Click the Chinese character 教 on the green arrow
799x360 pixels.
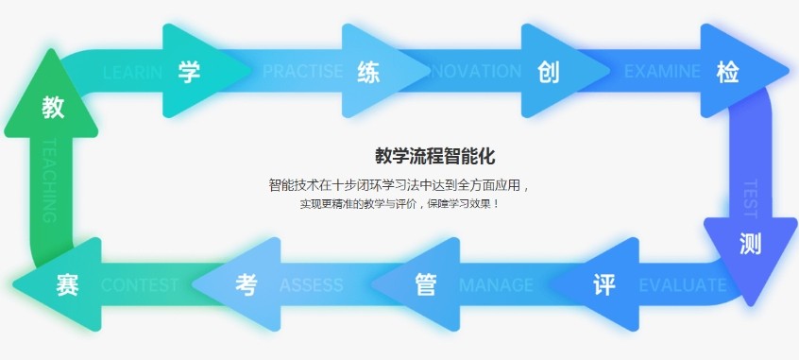pyautogui.click(x=53, y=108)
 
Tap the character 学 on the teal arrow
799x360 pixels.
pyautogui.click(x=189, y=73)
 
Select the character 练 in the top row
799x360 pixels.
pyautogui.click(x=368, y=73)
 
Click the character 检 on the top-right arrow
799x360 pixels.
pyautogui.click(x=727, y=73)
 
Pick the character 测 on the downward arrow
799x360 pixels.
pyautogui.click(x=751, y=244)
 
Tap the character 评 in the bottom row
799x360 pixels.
pyautogui.click(x=604, y=284)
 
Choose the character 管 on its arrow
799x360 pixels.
pyautogui.click(x=425, y=284)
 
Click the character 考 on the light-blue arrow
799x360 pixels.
pyautogui.click(x=246, y=284)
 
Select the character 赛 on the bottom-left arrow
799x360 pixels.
pyautogui.click(x=66, y=284)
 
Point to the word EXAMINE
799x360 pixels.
pyautogui.click(x=662, y=72)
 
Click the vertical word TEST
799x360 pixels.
pyautogui.click(x=751, y=195)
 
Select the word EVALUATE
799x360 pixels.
pyautogui.click(x=682, y=284)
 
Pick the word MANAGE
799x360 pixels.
pyautogui.click(x=496, y=284)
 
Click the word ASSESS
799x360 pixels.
pyautogui.click(x=312, y=284)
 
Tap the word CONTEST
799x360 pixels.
pyautogui.click(x=139, y=284)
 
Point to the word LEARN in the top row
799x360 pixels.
pyautogui.click(x=128, y=72)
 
